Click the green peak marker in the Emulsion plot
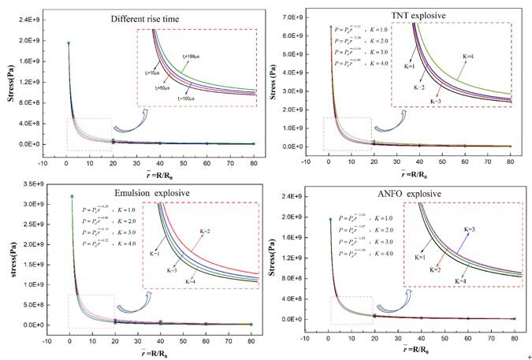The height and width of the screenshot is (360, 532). point(72,196)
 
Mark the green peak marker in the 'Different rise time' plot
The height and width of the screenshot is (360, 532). point(69,43)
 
